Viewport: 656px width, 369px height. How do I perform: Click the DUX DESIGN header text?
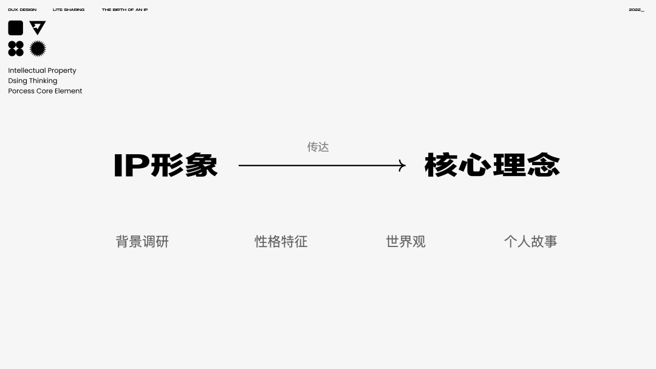click(22, 10)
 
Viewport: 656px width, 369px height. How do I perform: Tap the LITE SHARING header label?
click(69, 10)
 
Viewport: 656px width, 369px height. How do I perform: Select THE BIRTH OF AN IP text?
click(125, 10)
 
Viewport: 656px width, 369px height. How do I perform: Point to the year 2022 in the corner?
click(636, 10)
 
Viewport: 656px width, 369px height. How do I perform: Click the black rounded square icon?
click(16, 28)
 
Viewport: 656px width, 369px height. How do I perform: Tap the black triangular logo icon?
click(38, 27)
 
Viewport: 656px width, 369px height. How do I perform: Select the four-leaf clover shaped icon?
click(16, 49)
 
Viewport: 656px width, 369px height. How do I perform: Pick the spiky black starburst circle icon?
click(38, 49)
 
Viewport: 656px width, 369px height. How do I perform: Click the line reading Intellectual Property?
click(42, 70)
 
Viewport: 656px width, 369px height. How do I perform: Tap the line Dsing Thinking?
click(33, 81)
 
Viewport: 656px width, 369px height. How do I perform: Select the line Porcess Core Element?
click(45, 91)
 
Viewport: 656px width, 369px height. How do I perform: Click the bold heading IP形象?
click(165, 165)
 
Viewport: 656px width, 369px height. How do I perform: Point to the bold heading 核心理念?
click(492, 165)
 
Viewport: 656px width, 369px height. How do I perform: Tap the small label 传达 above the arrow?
click(318, 147)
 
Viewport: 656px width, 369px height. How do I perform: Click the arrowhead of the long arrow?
click(402, 165)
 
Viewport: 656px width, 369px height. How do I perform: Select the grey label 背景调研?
click(142, 242)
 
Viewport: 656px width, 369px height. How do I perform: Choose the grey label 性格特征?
click(281, 242)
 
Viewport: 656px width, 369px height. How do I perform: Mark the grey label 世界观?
click(406, 242)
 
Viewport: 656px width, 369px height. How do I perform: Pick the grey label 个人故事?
click(530, 242)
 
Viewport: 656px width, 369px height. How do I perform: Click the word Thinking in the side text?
click(43, 81)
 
